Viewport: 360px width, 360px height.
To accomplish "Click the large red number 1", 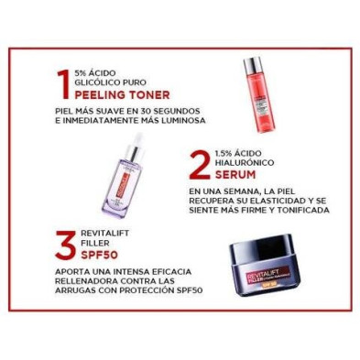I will click(61, 82).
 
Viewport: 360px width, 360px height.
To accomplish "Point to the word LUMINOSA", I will click(177, 120).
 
